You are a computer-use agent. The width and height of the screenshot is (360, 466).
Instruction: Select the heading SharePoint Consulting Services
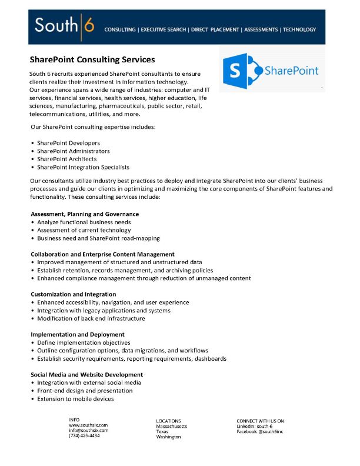click(92, 59)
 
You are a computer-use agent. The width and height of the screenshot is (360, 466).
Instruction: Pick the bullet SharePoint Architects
click(66, 159)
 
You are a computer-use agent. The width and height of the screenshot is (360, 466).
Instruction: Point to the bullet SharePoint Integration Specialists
click(83, 167)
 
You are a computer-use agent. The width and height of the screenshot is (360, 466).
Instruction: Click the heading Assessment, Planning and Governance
click(85, 214)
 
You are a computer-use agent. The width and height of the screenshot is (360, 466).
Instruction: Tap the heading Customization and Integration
click(74, 294)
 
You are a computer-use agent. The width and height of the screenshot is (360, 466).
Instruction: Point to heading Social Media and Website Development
click(86, 374)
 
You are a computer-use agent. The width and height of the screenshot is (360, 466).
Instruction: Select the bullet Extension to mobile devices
click(75, 399)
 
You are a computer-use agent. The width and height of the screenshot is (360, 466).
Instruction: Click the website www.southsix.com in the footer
click(88, 425)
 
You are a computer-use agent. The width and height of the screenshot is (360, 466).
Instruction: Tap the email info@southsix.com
click(88, 430)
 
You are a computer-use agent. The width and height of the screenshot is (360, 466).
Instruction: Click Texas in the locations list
click(162, 431)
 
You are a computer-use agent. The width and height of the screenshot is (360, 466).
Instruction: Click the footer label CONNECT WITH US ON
click(260, 421)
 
